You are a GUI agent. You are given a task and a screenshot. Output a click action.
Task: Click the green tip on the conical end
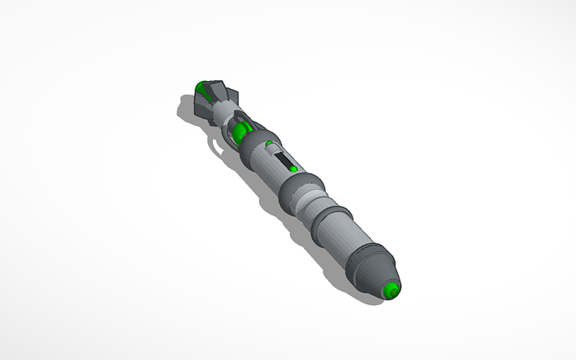point(392,292)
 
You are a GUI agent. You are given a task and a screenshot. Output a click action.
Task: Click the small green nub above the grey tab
point(269,144)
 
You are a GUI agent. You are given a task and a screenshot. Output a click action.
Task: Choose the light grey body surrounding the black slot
point(270,167)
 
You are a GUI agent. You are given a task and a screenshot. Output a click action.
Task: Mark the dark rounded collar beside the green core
point(253,143)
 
